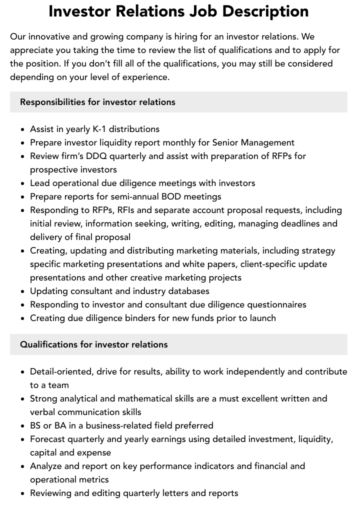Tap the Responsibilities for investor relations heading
(97, 102)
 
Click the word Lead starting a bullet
(40, 183)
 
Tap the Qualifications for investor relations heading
(94, 344)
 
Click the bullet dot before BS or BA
(23, 426)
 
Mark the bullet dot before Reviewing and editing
(23, 493)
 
